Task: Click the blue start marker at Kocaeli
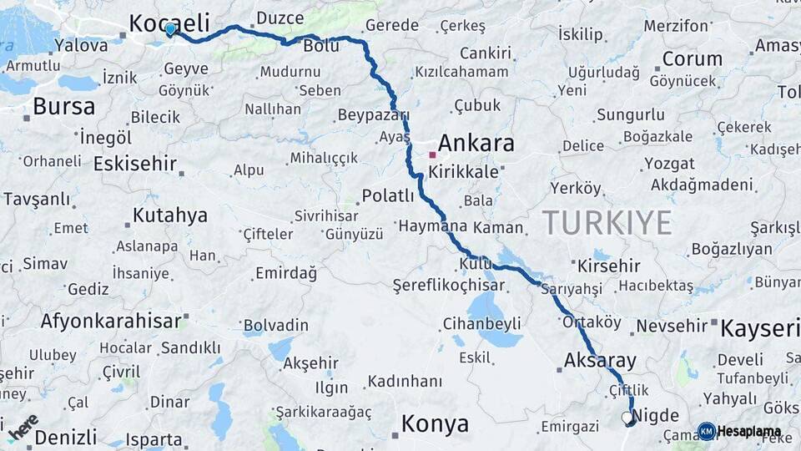point(170,30)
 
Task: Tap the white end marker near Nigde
point(627,417)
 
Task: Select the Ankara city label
point(476,143)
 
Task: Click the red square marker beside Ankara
point(432,155)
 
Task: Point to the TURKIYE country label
point(607,223)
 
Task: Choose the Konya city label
point(435,424)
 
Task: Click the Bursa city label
point(63,107)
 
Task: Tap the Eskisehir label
point(134,164)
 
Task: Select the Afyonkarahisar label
point(111,321)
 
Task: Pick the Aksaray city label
point(600,361)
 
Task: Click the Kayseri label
point(759,328)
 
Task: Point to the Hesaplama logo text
point(749,432)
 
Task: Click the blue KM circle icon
point(706,431)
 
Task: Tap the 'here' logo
point(23,426)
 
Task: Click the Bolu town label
point(320,46)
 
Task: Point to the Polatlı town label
point(387,196)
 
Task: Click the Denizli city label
point(65,437)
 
